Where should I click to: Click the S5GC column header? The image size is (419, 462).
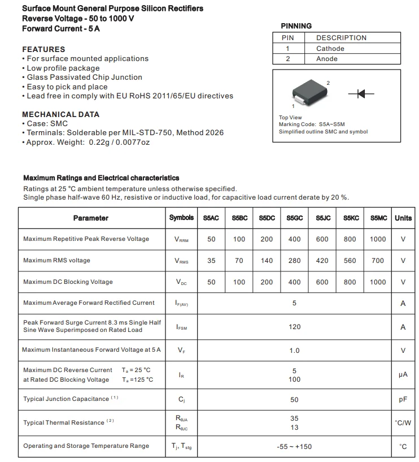(x=294, y=218)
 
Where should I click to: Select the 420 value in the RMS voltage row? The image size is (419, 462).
(x=322, y=261)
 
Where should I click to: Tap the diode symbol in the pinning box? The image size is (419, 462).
(x=361, y=94)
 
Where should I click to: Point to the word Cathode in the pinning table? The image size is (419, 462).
(x=330, y=49)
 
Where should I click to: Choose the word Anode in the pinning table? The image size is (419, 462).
(x=327, y=59)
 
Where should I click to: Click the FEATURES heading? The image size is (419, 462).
(x=43, y=49)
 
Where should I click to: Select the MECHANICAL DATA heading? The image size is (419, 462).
(x=60, y=114)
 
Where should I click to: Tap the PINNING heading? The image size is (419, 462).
(x=296, y=26)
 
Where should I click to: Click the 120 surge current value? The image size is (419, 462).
(x=294, y=327)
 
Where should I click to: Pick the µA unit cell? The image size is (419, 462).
(x=403, y=374)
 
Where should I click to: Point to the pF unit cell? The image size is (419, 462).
(x=403, y=399)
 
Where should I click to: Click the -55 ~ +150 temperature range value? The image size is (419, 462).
(x=294, y=446)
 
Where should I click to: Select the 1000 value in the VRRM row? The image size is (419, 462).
(x=378, y=239)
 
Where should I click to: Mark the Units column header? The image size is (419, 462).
(x=403, y=218)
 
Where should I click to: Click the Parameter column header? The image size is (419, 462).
(x=90, y=218)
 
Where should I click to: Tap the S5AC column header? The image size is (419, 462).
(x=211, y=218)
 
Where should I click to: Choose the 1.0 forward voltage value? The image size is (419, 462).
(x=294, y=351)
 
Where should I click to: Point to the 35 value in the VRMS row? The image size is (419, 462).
(x=211, y=261)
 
